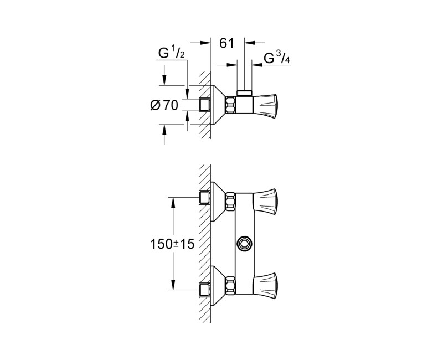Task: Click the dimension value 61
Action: (228, 43)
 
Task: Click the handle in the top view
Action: (269, 103)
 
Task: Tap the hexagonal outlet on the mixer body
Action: (244, 243)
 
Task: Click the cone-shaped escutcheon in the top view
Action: (218, 104)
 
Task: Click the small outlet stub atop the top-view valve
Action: (243, 91)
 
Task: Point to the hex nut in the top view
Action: (230, 104)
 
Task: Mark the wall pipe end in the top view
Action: (205, 104)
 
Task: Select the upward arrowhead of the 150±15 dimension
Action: (173, 202)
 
